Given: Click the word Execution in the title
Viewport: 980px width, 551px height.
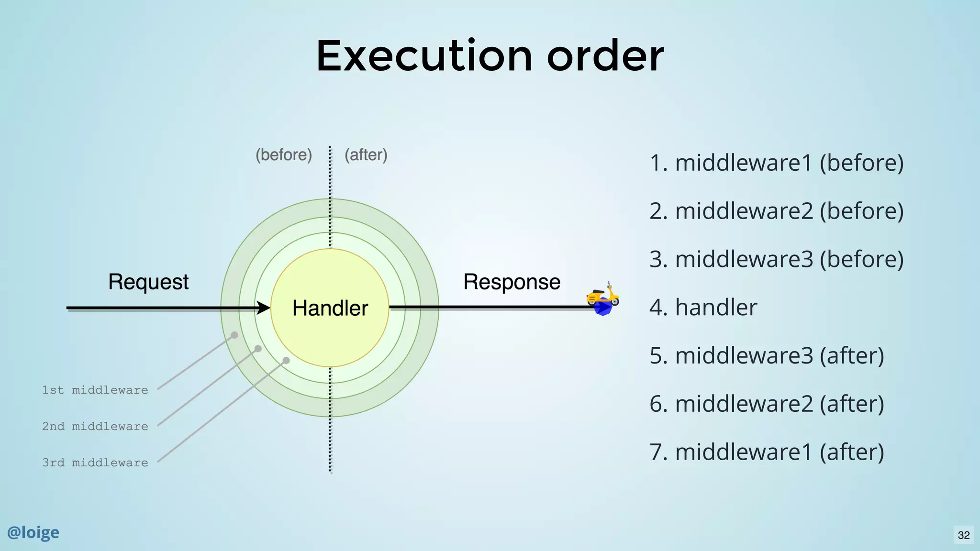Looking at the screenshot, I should pyautogui.click(x=424, y=56).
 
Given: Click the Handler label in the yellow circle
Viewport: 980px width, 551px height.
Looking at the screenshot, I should pyautogui.click(x=330, y=308).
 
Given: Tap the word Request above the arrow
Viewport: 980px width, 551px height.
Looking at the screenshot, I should pyautogui.click(x=148, y=282).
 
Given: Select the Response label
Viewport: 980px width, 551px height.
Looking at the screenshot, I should pyautogui.click(x=512, y=282).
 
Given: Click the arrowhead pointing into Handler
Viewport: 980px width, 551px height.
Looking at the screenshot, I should pyautogui.click(x=264, y=308).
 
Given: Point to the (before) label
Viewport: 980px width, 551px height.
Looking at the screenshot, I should pyautogui.click(x=283, y=155).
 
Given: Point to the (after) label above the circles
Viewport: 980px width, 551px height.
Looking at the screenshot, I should pyautogui.click(x=366, y=155).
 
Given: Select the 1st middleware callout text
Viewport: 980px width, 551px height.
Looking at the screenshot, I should pyautogui.click(x=95, y=390).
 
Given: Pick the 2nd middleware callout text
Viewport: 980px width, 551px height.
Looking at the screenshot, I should pyautogui.click(x=95, y=426).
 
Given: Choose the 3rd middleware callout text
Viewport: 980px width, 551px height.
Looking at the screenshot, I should pyautogui.click(x=95, y=463).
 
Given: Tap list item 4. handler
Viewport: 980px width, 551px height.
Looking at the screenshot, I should pyautogui.click(x=703, y=307).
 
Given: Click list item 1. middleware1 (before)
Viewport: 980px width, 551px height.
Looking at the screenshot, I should pyautogui.click(x=776, y=163).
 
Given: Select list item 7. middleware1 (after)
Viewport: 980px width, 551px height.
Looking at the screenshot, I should pyautogui.click(x=767, y=452).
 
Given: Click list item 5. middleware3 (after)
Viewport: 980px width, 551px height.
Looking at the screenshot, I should pyautogui.click(x=767, y=355).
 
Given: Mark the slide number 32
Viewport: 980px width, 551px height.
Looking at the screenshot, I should pyautogui.click(x=964, y=535).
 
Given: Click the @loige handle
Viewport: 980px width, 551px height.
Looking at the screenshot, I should pyautogui.click(x=33, y=532).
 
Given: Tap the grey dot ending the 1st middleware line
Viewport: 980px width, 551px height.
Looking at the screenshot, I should pyautogui.click(x=234, y=335).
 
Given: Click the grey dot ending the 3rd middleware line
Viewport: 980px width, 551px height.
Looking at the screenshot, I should pyautogui.click(x=286, y=360).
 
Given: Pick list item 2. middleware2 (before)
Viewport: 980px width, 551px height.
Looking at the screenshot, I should pyautogui.click(x=776, y=211).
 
